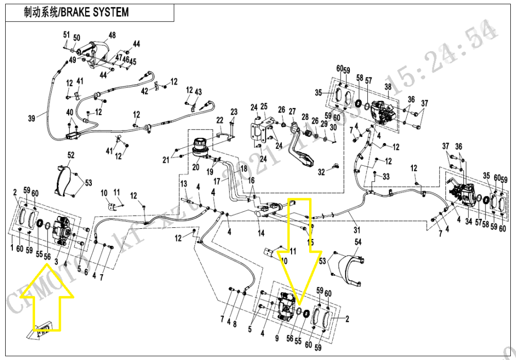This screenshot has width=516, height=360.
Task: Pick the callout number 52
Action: [71, 154]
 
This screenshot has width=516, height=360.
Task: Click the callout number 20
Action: [196, 167]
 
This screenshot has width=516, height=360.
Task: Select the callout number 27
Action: [292, 112]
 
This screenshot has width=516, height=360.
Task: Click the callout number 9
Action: [277, 338]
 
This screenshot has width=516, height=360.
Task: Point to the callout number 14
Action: [261, 233]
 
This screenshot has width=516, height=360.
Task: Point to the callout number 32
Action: [320, 171]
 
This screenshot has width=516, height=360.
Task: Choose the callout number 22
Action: [220, 120]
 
